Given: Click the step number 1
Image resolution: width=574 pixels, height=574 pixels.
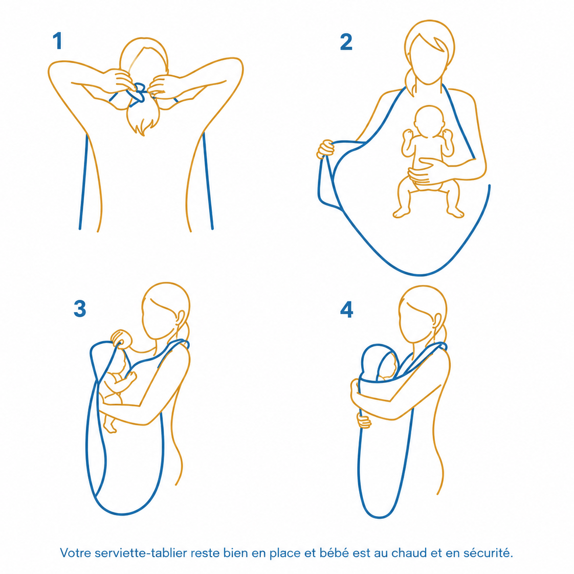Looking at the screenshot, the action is click(x=57, y=40).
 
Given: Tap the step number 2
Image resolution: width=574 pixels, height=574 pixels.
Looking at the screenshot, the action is click(x=346, y=42).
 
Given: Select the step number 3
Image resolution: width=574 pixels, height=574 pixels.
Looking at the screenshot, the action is click(x=80, y=308).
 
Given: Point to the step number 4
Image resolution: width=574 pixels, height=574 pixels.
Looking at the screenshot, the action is click(x=347, y=310).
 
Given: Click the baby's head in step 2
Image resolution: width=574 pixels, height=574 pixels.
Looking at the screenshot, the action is click(x=429, y=121).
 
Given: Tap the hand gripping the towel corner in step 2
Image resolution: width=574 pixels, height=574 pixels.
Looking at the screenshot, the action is click(x=325, y=149).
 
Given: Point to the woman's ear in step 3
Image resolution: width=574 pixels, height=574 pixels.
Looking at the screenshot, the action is click(x=181, y=319).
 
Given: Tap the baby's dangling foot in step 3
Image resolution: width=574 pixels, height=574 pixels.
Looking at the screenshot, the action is click(x=109, y=426).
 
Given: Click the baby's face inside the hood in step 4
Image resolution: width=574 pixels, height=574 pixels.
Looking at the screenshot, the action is click(x=389, y=368).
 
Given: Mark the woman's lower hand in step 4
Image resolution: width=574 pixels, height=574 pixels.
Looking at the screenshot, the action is click(x=364, y=421).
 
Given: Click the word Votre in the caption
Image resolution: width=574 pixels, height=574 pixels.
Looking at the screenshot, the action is click(x=76, y=553).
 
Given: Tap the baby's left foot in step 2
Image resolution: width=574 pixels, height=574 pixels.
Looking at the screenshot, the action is click(x=455, y=212).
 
